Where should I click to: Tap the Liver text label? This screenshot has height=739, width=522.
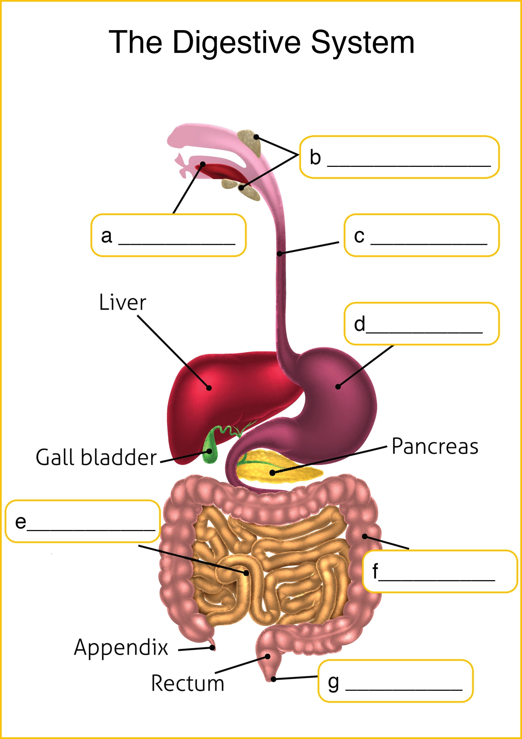tap(123, 303)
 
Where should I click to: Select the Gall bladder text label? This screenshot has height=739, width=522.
tap(96, 457)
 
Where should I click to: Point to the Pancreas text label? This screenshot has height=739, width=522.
tap(435, 446)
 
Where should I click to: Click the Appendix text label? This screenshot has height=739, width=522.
tap(121, 647)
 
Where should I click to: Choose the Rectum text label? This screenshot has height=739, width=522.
tap(187, 683)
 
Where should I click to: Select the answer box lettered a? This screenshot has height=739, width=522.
tap(169, 235)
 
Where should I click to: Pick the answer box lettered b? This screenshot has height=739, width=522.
tap(399, 157)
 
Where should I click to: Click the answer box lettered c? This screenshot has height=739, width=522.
tap(422, 235)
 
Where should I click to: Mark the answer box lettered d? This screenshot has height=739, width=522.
tap(422, 324)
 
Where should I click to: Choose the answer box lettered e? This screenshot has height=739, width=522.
tap(83, 521)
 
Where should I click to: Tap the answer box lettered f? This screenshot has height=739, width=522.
tap(440, 571)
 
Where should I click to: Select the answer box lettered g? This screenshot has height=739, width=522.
tap(395, 681)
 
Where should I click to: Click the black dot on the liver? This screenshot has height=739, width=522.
tap(209, 388)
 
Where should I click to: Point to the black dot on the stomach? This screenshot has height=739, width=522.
tap(338, 387)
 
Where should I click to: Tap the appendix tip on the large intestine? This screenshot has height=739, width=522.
tap(212, 647)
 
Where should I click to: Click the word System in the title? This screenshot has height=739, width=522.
tap(362, 43)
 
